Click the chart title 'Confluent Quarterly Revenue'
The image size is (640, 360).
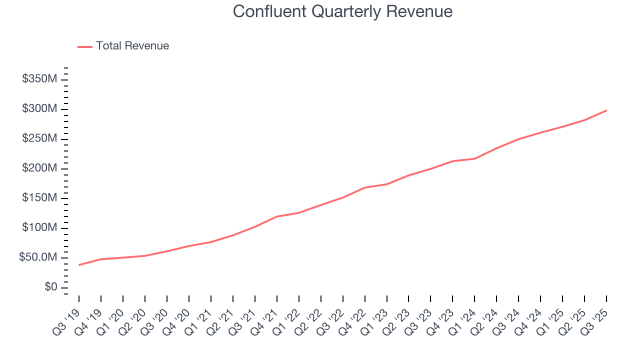tap(342, 11)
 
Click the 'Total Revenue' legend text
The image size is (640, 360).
tap(132, 46)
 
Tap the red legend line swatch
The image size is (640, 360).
tap(85, 46)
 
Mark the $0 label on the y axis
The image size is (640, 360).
tap(50, 287)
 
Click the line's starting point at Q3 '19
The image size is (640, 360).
tap(79, 265)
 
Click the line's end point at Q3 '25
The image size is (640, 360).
tap(606, 110)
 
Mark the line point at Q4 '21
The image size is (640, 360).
tap(277, 216)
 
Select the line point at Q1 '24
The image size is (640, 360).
tap(474, 158)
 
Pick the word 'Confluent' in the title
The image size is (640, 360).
tap(269, 11)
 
